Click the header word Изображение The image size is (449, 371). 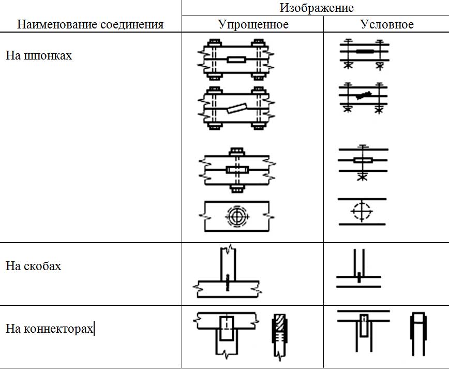click(x=317, y=8)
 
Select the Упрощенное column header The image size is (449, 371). click(x=253, y=24)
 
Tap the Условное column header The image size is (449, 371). click(x=386, y=24)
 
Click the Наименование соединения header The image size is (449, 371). click(x=90, y=24)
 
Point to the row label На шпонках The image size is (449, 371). click(x=39, y=55)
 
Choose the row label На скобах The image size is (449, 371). click(x=33, y=266)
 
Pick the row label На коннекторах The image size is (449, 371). click(x=50, y=329)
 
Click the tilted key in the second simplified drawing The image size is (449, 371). click(x=235, y=109)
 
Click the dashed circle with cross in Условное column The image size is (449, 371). click(x=361, y=212)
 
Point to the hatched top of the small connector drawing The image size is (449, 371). click(x=279, y=321)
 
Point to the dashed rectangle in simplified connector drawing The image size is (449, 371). click(x=227, y=328)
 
